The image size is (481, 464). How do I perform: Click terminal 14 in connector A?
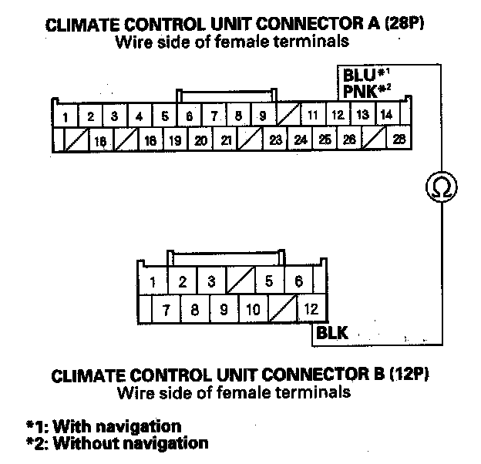[x=387, y=116]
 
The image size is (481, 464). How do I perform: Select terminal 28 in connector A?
[x=399, y=140]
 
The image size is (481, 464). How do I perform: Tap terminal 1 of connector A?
[x=66, y=117]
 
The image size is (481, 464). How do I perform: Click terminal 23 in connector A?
[x=276, y=140]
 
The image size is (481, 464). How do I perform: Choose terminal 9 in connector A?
[x=263, y=116]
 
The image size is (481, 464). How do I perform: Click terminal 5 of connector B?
[x=268, y=281]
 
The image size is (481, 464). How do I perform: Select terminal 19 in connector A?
[x=175, y=140]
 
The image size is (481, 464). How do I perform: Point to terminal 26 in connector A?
[x=350, y=140]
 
